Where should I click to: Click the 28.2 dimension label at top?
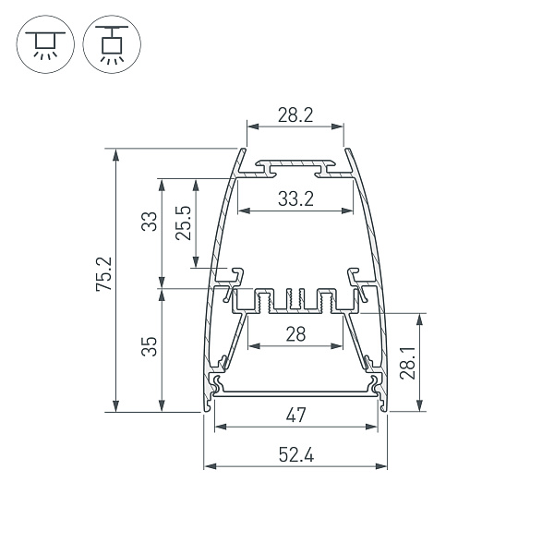pyautogui.click(x=295, y=115)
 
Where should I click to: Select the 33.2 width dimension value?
pyautogui.click(x=295, y=199)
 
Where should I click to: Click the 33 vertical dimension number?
pyautogui.click(x=148, y=223)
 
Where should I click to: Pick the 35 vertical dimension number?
pyautogui.click(x=149, y=346)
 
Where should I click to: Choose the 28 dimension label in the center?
pyautogui.click(x=295, y=335)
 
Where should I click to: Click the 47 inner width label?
pyautogui.click(x=295, y=415)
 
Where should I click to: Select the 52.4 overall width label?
pyautogui.click(x=295, y=454)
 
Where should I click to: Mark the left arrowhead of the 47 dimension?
pyautogui.click(x=219, y=427)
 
